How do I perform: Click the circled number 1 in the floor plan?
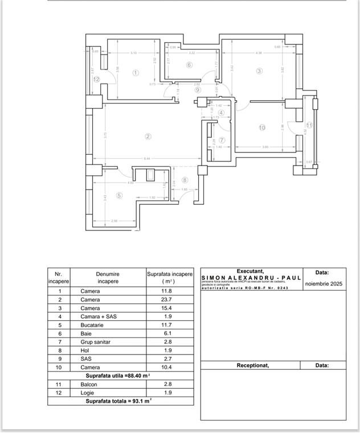tap(136, 73)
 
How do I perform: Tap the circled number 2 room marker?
tap(148, 136)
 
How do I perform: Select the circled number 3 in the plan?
tap(259, 71)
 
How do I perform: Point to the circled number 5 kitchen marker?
tap(119, 196)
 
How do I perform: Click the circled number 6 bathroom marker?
tap(189, 65)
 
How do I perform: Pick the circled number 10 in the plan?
tap(262, 127)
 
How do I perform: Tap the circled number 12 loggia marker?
tap(97, 80)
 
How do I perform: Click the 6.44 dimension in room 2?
tap(147, 159)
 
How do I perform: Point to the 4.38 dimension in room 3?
tap(259, 53)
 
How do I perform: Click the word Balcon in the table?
tap(89, 385)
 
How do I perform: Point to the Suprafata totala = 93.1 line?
tap(118, 401)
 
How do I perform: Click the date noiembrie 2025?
tap(324, 283)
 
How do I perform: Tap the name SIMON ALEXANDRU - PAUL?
tap(251, 278)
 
